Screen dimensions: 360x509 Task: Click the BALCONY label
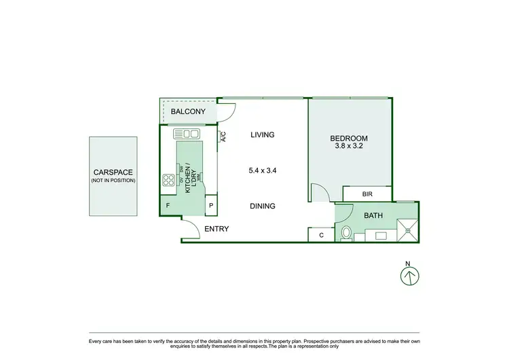tap(187, 111)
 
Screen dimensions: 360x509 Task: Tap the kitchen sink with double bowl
tap(186, 134)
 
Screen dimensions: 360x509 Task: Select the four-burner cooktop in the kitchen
tap(169, 180)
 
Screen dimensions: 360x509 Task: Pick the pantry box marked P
tap(210, 205)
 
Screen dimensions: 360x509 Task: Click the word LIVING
tap(262, 134)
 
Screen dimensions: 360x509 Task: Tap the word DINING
tap(262, 206)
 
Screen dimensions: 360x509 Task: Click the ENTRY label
tap(216, 229)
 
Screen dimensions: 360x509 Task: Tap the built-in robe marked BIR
tap(367, 194)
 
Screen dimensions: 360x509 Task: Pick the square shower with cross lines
tap(408, 230)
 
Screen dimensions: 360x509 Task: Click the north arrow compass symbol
tap(409, 275)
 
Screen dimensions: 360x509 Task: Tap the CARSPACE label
tap(113, 173)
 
